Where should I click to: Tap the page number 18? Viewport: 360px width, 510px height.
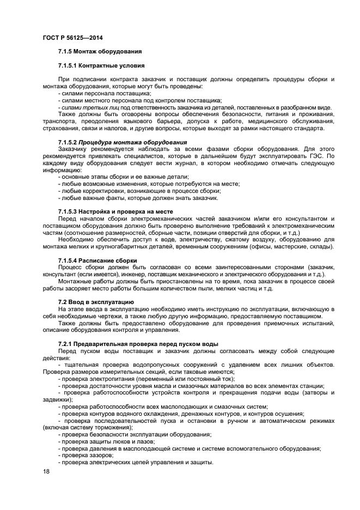[46, 471]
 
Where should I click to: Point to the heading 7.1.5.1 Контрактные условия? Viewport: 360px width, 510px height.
[101, 65]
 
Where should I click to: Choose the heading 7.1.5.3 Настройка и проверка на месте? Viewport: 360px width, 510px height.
[115, 211]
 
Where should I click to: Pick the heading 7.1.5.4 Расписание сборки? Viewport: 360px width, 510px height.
[97, 260]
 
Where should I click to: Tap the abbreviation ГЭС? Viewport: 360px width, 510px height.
[320, 155]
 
